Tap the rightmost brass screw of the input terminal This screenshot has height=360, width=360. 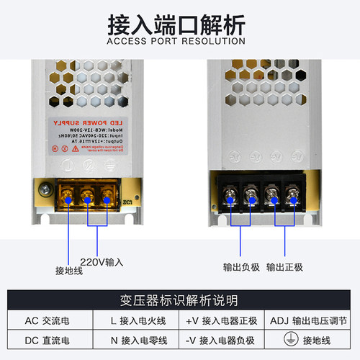pyautogui.click(x=109, y=194)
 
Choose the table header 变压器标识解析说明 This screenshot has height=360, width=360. pyautogui.click(x=179, y=300)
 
